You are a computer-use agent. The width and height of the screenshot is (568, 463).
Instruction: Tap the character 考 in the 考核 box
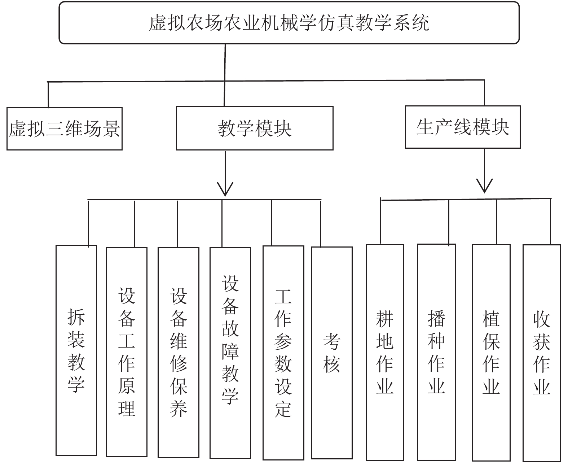point(332,341)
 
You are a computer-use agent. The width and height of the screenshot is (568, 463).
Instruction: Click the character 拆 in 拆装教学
point(76,317)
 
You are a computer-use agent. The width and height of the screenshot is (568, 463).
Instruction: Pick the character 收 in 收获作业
point(542,319)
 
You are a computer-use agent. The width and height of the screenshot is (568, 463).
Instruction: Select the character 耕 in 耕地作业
point(385,319)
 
